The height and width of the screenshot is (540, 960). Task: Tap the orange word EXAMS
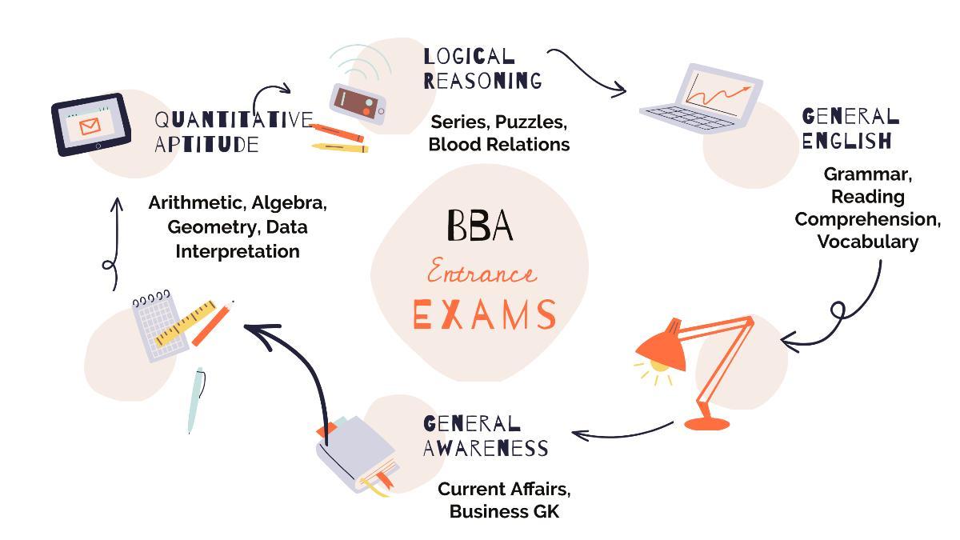[484, 314]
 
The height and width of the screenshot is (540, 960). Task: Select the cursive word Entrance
[481, 274]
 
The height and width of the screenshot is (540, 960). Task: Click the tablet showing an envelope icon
[91, 125]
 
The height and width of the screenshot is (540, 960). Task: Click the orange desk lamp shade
[660, 348]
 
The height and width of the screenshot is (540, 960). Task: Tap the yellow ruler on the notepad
[186, 322]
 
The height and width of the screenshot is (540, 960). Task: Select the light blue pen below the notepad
[195, 400]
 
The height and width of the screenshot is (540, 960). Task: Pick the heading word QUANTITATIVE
[233, 120]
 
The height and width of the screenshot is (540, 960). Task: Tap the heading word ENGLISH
[846, 141]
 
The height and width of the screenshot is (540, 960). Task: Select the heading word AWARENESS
[486, 448]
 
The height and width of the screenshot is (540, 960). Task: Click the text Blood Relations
[498, 144]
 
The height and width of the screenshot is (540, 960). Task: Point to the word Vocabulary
[867, 242]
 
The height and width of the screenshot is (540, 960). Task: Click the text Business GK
[504, 511]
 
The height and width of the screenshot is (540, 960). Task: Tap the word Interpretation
[238, 251]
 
